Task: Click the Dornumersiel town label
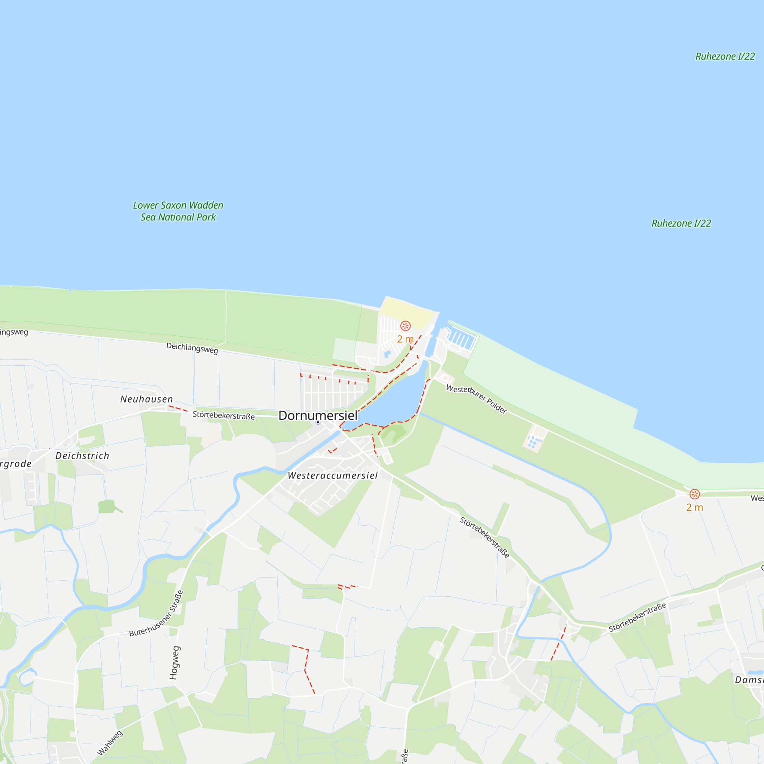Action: (318, 416)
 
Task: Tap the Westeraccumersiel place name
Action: (333, 476)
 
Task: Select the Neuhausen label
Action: (147, 400)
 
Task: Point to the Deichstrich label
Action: (82, 456)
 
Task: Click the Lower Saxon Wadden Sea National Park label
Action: (178, 211)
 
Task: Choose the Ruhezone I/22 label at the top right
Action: (725, 57)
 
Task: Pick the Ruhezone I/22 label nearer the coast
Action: (681, 223)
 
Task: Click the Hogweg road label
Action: (175, 663)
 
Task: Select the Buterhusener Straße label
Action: (157, 614)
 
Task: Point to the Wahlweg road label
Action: (110, 743)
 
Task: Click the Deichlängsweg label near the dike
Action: (192, 348)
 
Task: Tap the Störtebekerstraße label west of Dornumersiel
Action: (223, 416)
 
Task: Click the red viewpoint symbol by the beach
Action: (405, 326)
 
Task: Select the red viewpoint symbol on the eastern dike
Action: (694, 494)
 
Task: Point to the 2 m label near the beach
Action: (405, 339)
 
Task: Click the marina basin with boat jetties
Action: (462, 338)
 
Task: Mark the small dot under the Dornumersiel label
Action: (317, 422)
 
